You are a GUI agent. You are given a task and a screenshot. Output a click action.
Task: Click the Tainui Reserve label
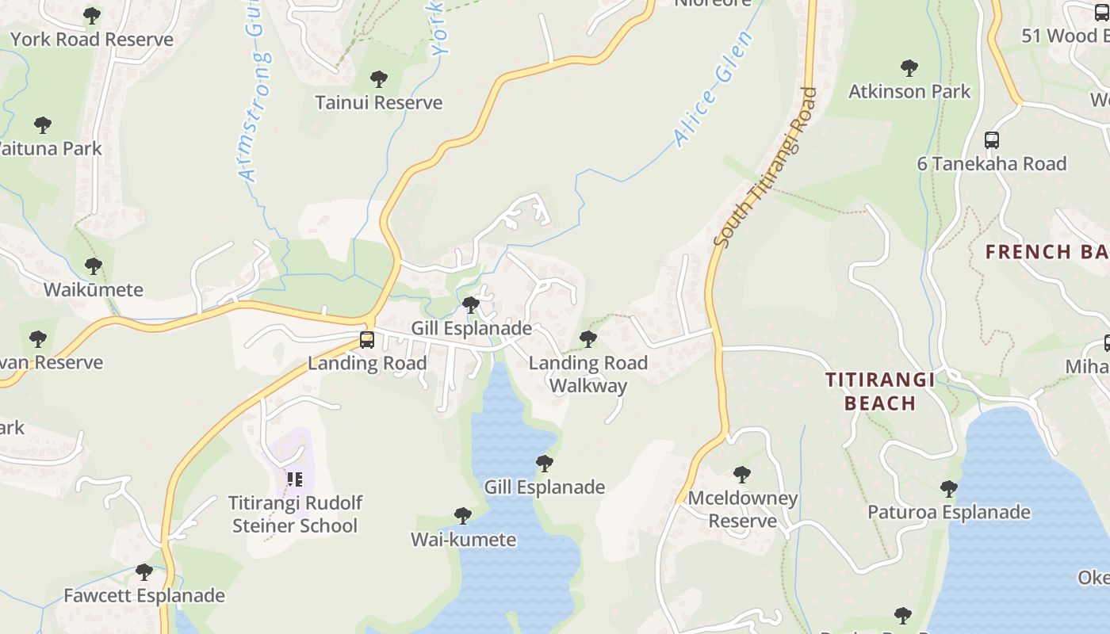(378, 103)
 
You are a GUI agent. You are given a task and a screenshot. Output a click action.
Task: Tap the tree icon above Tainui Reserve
(379, 79)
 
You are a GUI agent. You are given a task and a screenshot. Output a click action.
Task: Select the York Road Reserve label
(91, 40)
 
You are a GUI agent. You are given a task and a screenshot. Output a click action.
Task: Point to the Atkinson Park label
(909, 92)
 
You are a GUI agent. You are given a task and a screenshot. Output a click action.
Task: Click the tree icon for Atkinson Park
(909, 68)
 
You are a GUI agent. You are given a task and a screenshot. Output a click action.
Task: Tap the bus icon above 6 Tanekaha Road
(991, 140)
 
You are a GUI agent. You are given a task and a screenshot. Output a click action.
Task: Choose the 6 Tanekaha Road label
(991, 164)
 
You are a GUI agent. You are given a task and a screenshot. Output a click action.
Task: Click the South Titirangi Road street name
(765, 166)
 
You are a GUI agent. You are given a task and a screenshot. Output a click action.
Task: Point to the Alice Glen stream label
(713, 89)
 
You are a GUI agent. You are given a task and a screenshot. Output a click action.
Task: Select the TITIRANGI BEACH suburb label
(880, 391)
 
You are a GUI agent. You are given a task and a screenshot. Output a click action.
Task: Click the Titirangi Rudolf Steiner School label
(295, 514)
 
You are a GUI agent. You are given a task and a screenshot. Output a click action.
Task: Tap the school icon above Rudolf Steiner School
(295, 479)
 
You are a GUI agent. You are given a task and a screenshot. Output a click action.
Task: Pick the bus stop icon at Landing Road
(366, 340)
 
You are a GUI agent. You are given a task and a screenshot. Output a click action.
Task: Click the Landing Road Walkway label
(588, 374)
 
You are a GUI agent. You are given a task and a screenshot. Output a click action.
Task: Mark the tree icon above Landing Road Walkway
(588, 339)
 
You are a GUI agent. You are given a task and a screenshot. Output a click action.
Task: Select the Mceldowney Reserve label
(743, 510)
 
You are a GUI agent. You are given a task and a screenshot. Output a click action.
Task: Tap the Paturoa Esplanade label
(949, 512)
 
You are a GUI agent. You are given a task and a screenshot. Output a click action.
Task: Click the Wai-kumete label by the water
(463, 540)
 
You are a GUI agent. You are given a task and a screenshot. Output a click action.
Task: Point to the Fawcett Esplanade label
(144, 596)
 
